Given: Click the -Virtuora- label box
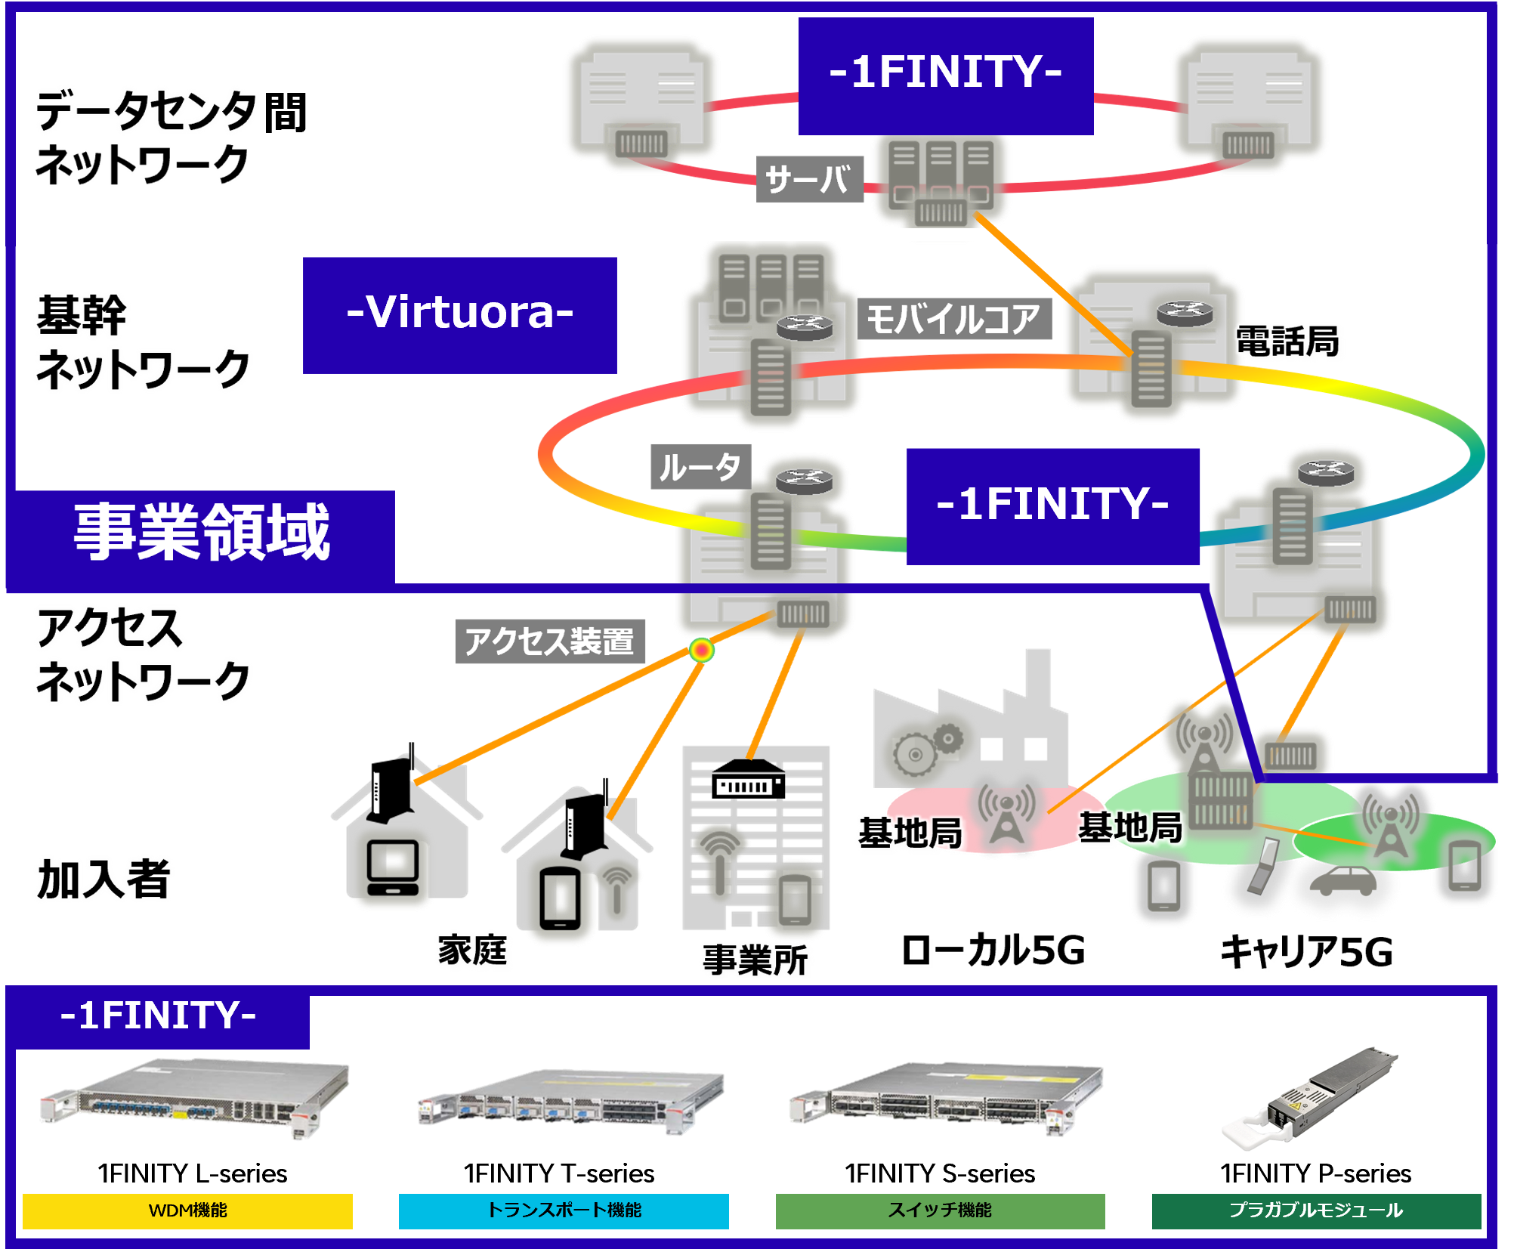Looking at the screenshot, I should point(459,314).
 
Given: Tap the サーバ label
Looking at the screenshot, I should point(808,180).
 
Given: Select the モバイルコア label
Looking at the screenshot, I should point(953,319).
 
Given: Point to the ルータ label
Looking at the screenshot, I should point(700,467).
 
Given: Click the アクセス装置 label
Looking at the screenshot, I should point(549,642).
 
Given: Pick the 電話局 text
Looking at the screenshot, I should point(1289,341).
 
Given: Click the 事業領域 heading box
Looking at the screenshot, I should point(201,533).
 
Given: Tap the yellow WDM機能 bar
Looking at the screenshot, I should point(187,1210).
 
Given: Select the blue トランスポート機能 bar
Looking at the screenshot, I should point(564,1210).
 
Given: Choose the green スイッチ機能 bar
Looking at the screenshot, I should point(940,1210).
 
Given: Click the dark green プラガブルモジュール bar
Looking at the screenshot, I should point(1315,1210).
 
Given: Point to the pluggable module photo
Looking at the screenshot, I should point(1309,1095).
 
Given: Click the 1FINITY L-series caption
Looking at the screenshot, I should point(192,1173).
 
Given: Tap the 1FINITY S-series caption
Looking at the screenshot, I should point(941,1173).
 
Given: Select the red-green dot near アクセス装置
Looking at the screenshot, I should point(702,650).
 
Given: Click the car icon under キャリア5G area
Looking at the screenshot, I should point(1343,880).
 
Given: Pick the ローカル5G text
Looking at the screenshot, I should point(997,954).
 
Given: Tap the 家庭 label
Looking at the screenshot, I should point(474,950).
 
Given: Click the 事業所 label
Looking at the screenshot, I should point(755,960).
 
